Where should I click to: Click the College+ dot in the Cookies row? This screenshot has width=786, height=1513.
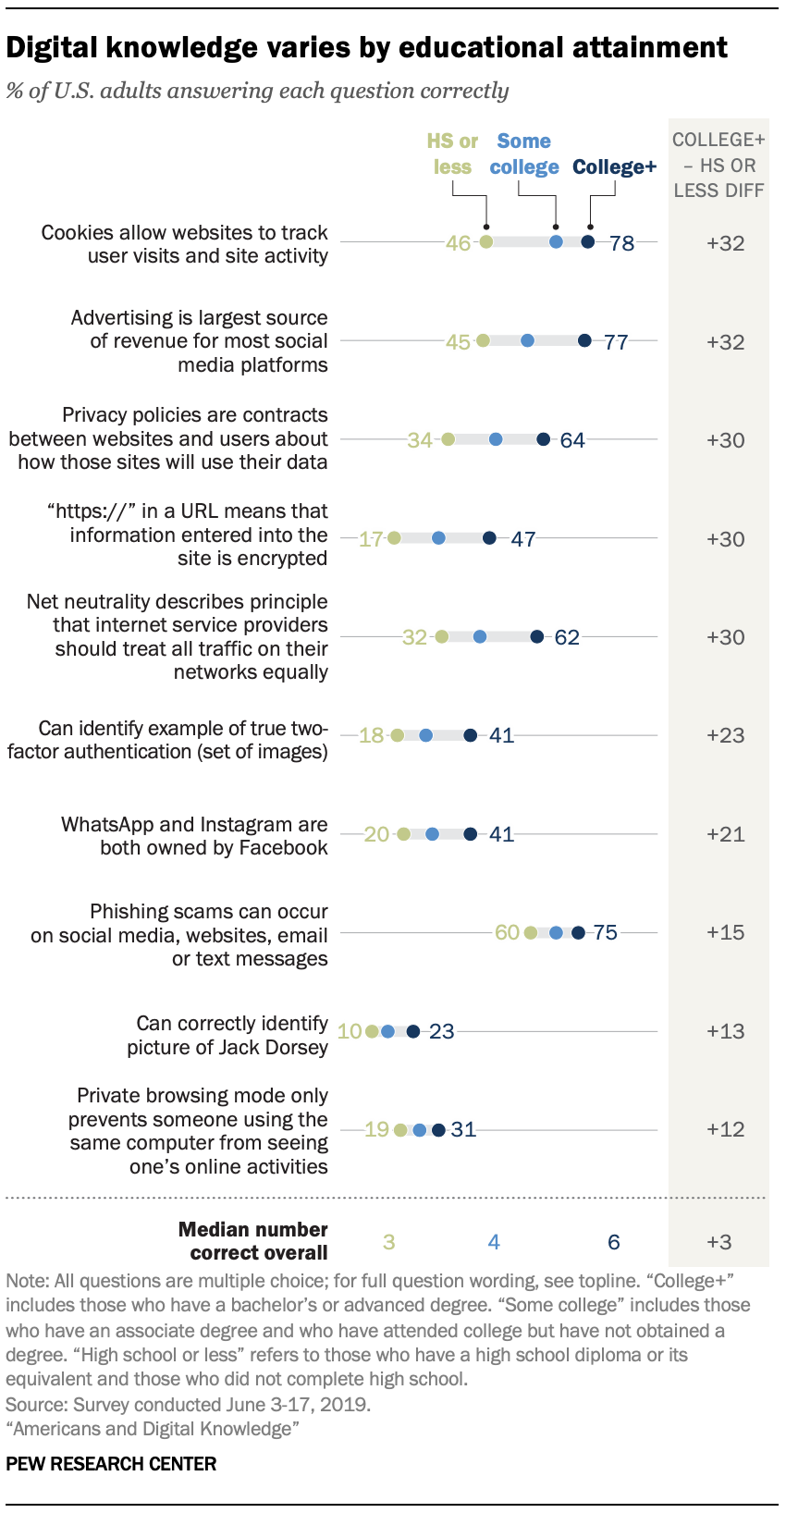587,242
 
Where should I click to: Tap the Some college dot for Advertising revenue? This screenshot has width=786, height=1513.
527,341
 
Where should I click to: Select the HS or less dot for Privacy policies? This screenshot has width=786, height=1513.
448,439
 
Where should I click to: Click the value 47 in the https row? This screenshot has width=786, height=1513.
523,539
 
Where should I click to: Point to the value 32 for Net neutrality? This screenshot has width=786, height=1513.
414,637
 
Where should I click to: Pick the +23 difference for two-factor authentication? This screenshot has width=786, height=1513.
725,735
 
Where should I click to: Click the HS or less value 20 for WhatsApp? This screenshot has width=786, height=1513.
376,834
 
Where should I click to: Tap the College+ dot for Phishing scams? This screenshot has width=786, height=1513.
578,932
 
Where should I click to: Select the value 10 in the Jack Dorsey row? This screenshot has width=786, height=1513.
350,1031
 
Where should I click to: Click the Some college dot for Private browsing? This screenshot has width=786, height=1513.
419,1130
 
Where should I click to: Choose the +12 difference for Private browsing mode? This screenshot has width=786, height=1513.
725,1129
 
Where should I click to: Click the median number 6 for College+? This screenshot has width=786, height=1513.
613,1242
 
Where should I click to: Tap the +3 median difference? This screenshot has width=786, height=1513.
719,1242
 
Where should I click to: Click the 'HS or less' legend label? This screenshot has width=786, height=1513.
452,154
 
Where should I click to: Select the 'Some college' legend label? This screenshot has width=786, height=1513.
524,154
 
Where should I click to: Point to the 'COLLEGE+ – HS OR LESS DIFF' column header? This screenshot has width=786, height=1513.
718,165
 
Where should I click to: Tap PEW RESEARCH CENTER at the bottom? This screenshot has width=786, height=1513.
111,1464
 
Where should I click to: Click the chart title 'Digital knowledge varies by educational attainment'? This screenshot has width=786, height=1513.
366,47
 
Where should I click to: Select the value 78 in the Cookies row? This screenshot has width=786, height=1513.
621,243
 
